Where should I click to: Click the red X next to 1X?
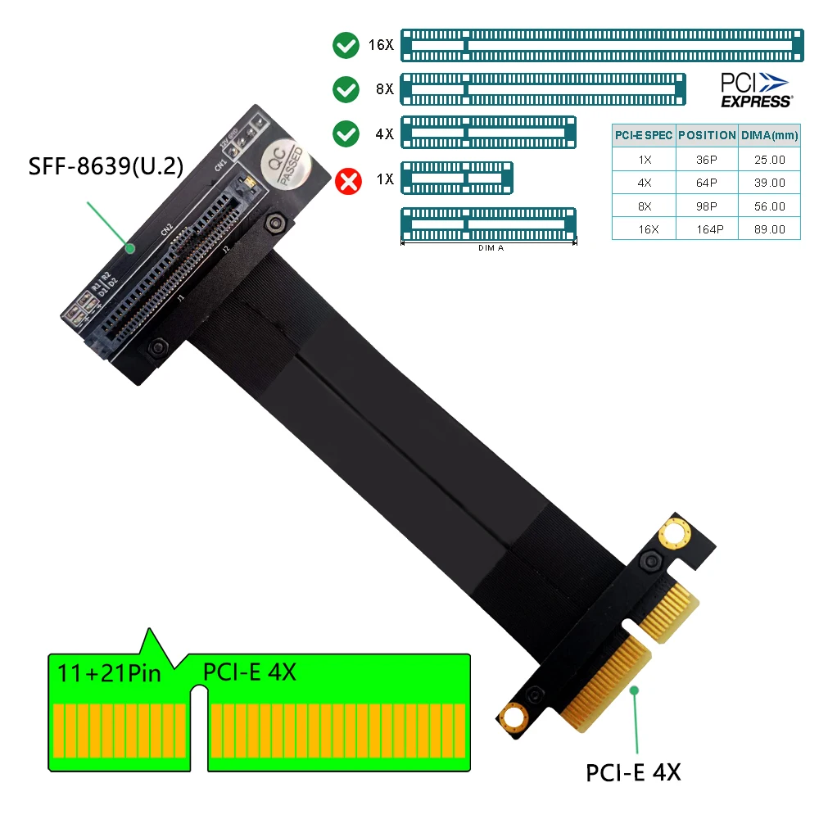pyautogui.click(x=349, y=179)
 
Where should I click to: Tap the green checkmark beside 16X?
pyautogui.click(x=346, y=44)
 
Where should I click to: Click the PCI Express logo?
pyautogui.click(x=755, y=90)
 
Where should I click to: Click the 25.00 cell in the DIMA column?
pyautogui.click(x=768, y=160)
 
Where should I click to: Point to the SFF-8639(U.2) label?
pyautogui.click(x=106, y=166)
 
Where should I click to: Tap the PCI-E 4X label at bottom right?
pyautogui.click(x=633, y=771)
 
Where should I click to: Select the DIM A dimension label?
pyautogui.click(x=490, y=247)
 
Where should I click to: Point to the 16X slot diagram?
pyautogui.click(x=601, y=44)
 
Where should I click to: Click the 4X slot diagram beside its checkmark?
pyautogui.click(x=489, y=133)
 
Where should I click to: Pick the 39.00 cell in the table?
pyautogui.click(x=768, y=183)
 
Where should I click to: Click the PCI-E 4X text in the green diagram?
pyautogui.click(x=249, y=672)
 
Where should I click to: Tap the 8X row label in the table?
pyautogui.click(x=644, y=206)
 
